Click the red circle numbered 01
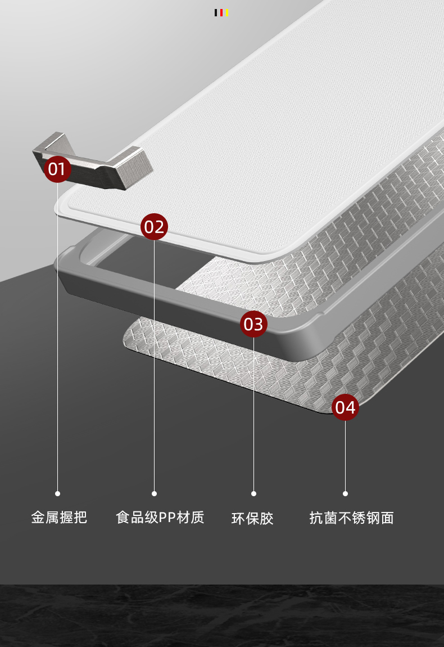click(x=57, y=169)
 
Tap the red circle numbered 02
click(x=154, y=227)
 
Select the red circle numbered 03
click(x=253, y=324)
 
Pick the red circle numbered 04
click(x=345, y=407)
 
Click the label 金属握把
click(x=59, y=517)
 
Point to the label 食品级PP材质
click(x=160, y=517)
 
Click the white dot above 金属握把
click(x=57, y=493)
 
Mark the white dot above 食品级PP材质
click(x=154, y=493)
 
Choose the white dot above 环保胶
click(x=253, y=493)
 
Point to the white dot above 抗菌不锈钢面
click(x=345, y=493)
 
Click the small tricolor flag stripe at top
click(x=221, y=12)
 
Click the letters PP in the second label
click(x=167, y=517)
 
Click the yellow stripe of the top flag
click(x=226, y=12)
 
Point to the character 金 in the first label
click(x=38, y=517)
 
